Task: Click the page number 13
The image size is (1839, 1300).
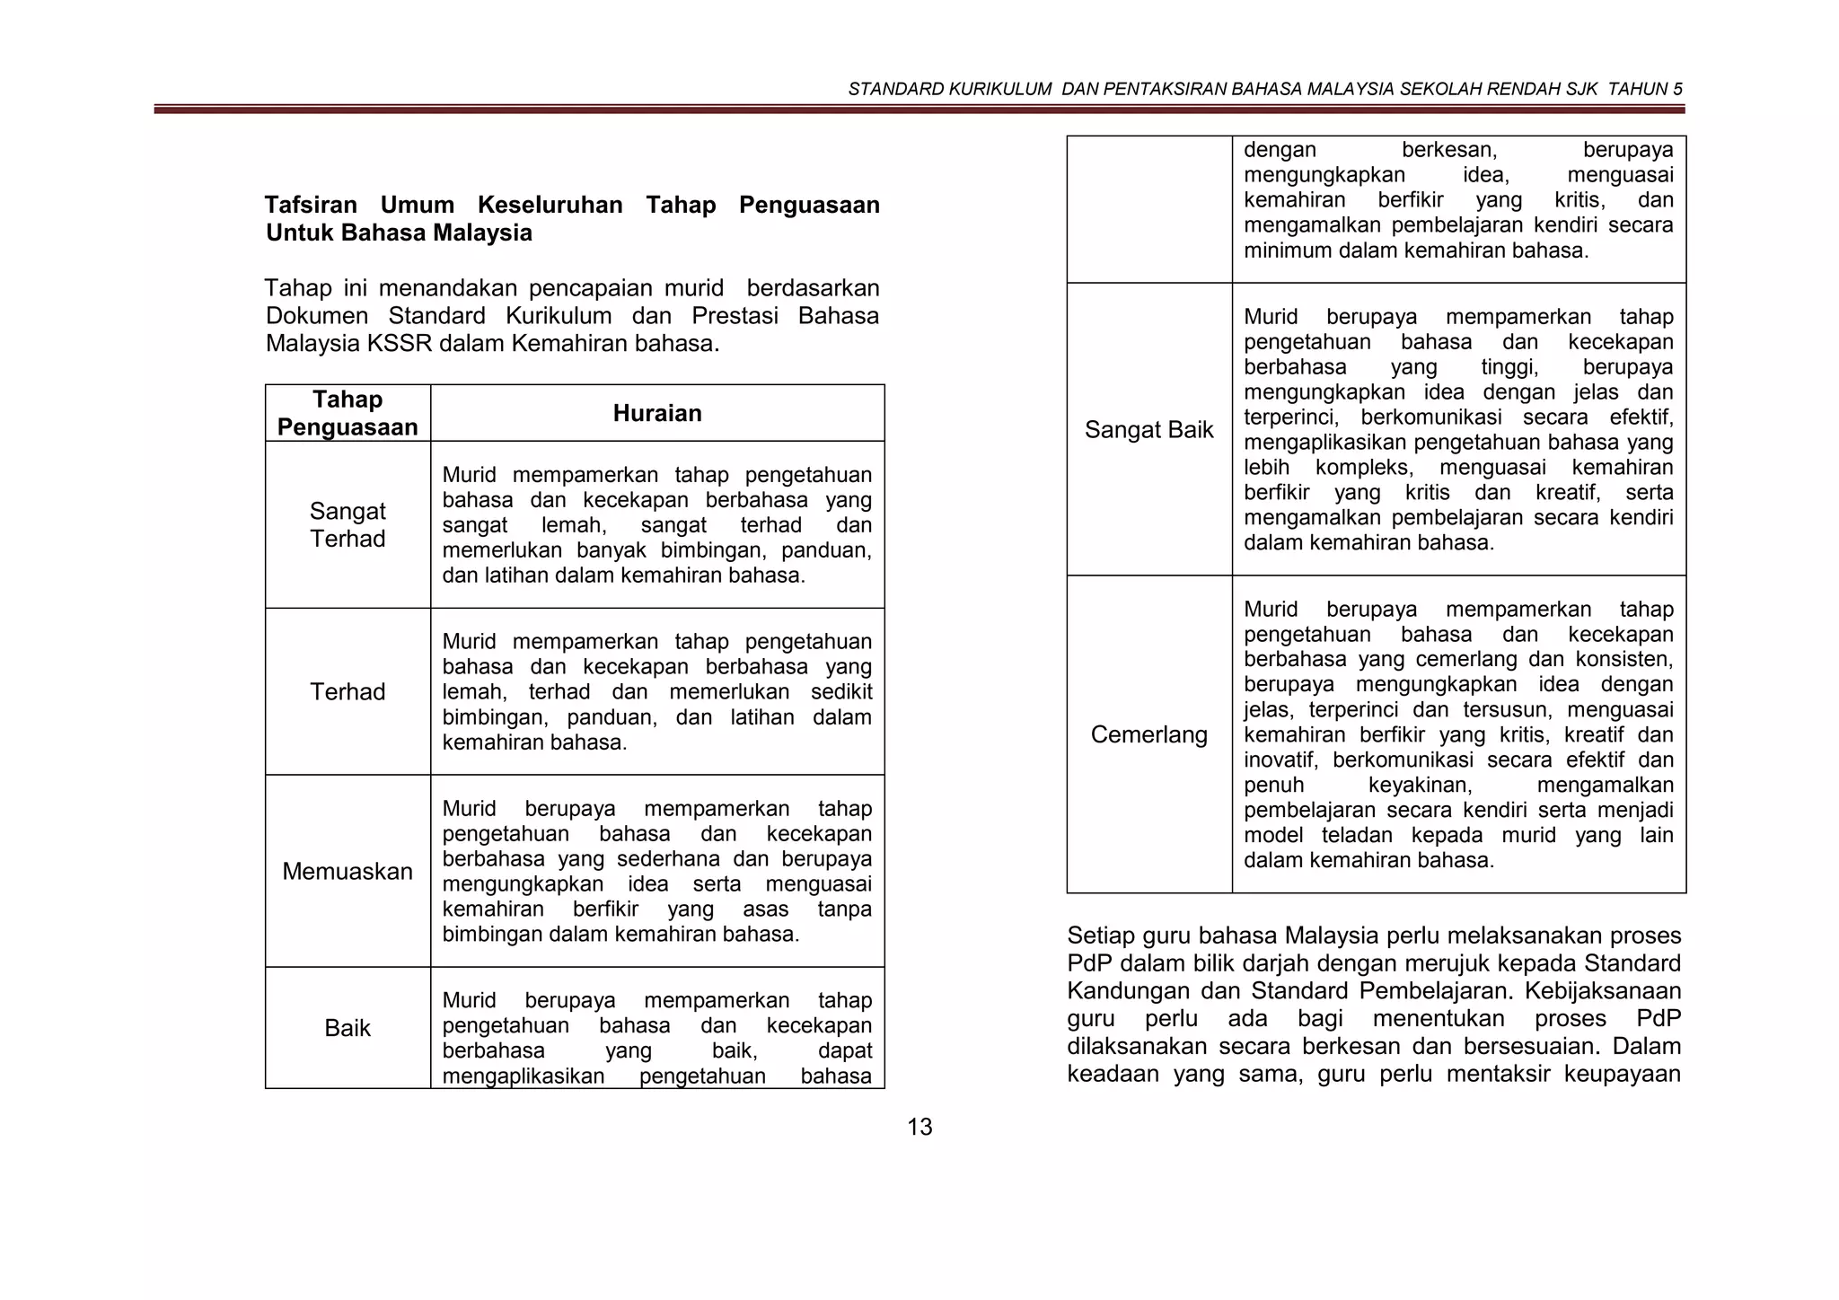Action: point(919,1127)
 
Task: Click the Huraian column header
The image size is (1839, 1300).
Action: point(657,413)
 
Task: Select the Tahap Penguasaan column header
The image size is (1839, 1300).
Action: point(348,413)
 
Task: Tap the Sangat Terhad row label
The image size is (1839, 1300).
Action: point(348,524)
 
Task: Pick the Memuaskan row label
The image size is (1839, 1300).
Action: point(348,871)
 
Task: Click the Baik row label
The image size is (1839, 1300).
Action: point(348,1028)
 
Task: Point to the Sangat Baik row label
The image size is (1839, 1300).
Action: point(1148,429)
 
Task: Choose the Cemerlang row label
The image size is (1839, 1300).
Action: point(1148,734)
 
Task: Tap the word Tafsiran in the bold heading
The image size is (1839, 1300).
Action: point(311,205)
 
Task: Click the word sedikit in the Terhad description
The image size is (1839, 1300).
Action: point(841,692)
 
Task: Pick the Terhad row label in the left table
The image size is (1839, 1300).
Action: point(348,691)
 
